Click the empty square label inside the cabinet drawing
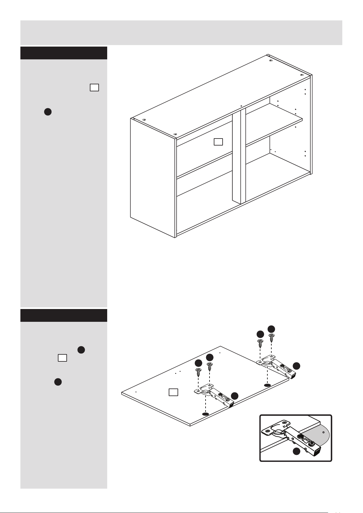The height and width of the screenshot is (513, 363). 218,142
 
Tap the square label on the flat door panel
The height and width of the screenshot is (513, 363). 173,392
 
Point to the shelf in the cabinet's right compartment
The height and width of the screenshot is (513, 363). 274,123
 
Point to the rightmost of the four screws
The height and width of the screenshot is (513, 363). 271,338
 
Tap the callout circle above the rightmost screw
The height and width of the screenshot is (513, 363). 271,329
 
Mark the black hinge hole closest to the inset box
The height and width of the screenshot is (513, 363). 267,385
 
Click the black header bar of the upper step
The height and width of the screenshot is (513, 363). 64,53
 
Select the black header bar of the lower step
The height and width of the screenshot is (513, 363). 64,315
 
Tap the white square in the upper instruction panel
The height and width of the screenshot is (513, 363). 94,87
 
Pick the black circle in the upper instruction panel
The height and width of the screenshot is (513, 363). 48,112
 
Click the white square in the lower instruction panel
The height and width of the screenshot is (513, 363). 62,358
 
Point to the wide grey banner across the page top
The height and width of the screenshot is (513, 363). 181,33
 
